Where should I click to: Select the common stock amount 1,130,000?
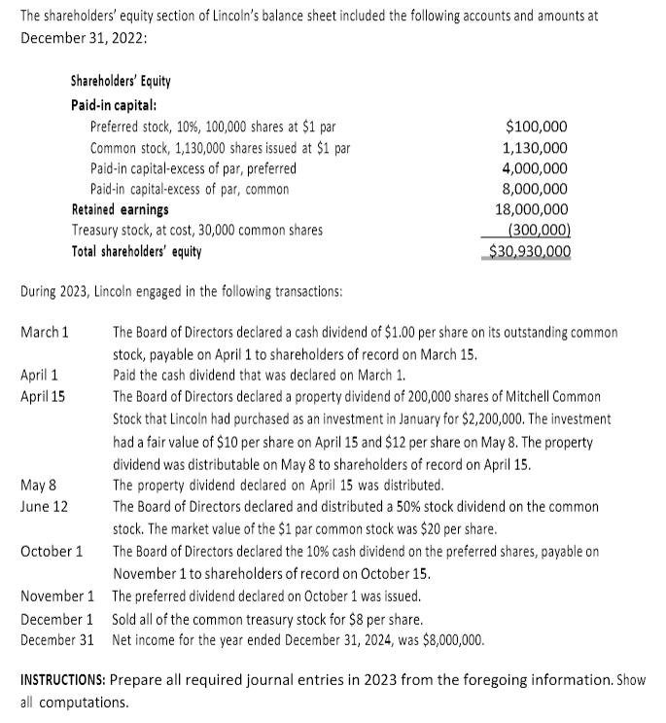(x=536, y=148)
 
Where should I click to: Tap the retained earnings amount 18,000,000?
(x=533, y=209)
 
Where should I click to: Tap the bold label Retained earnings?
(x=120, y=209)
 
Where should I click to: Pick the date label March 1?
(x=44, y=333)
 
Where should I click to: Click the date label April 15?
(x=43, y=396)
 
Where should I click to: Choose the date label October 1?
(x=51, y=552)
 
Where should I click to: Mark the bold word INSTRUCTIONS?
(x=68, y=680)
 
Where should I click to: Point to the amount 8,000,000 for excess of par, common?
(x=536, y=189)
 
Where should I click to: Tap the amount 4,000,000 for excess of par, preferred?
(x=536, y=168)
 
